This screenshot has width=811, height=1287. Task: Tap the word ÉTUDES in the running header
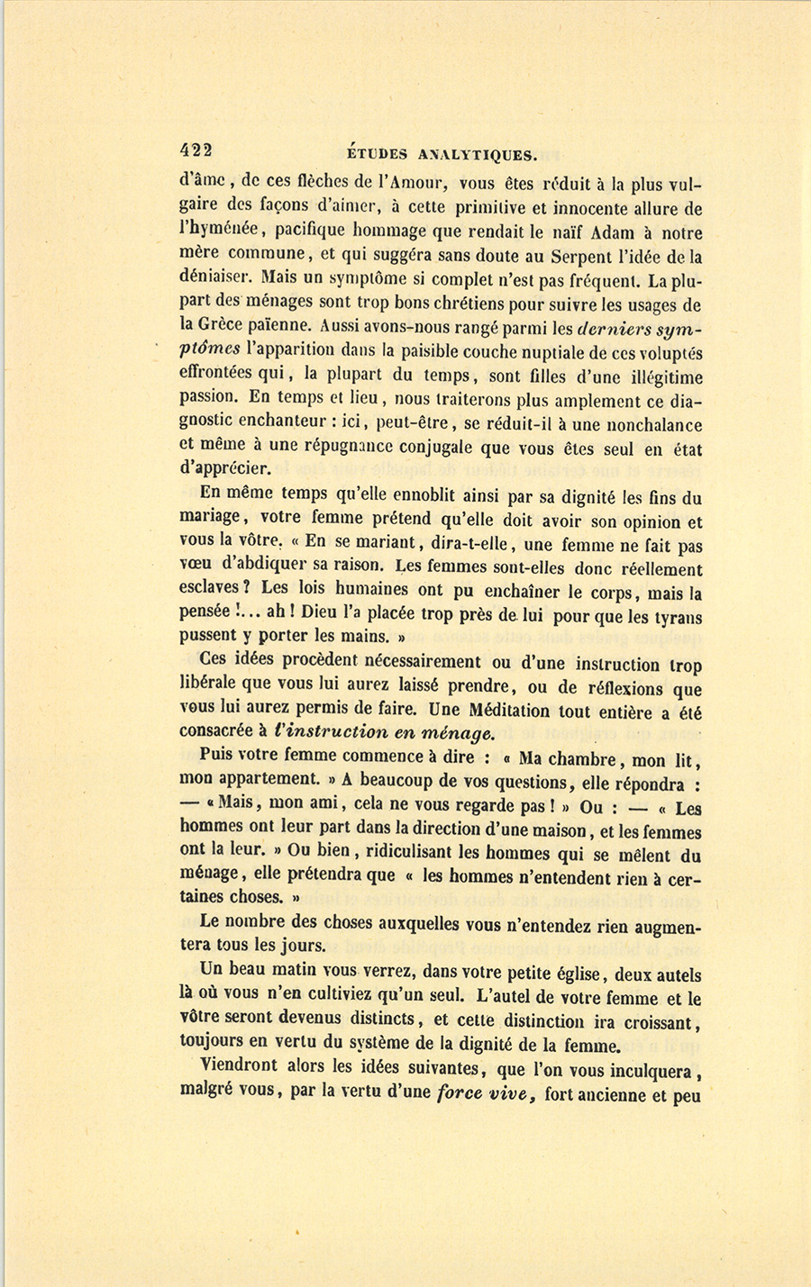(377, 154)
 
